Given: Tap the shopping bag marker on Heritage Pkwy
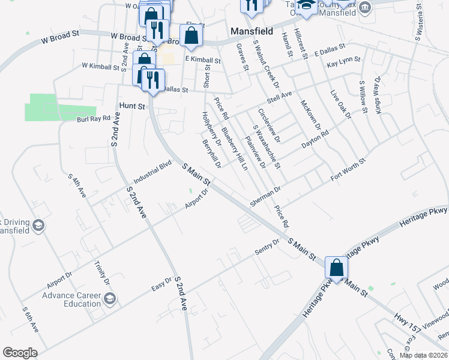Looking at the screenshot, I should click(x=336, y=268).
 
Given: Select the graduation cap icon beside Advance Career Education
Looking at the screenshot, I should click(x=110, y=298).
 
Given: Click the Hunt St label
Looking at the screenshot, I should click(x=133, y=106).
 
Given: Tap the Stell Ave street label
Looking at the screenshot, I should click(x=279, y=95).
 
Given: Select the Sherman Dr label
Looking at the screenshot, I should click(x=267, y=197).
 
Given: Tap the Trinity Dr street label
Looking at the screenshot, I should click(x=103, y=273).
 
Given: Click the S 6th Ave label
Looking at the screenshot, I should click(x=30, y=319).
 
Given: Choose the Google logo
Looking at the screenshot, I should click(x=20, y=353).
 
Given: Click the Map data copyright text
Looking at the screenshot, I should click(x=424, y=355).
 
